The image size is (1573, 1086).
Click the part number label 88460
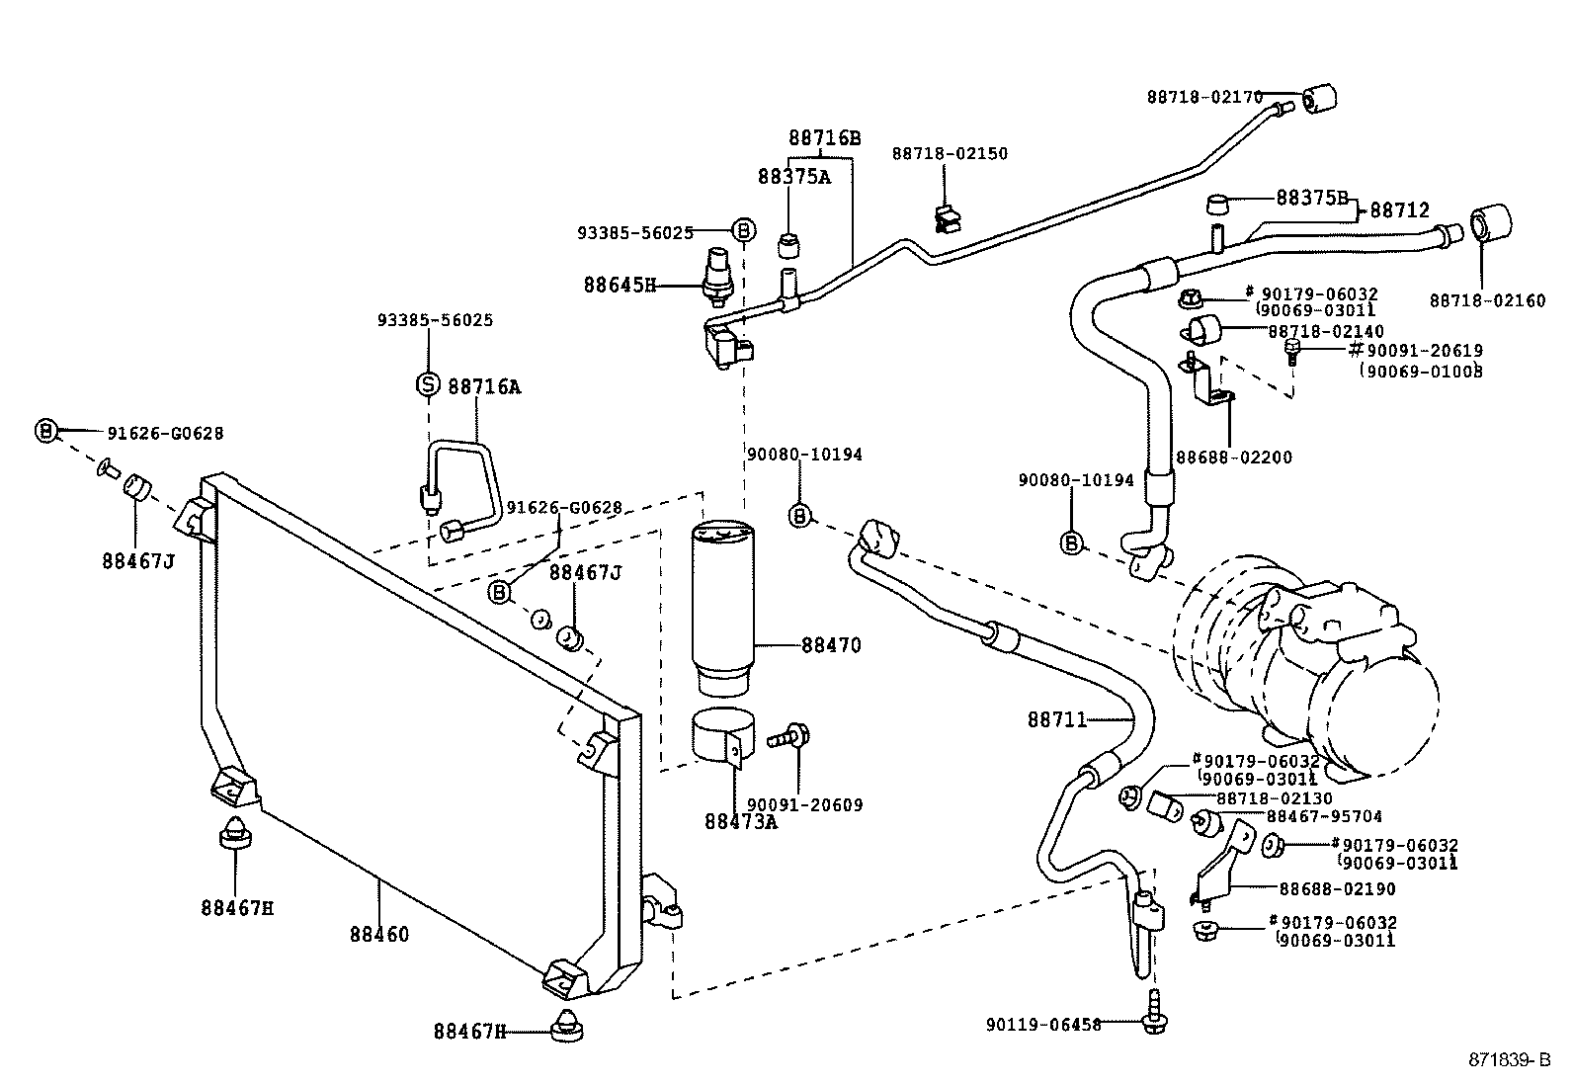click(378, 934)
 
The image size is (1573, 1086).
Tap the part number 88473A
click(740, 821)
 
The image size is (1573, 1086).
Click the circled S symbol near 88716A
click(428, 384)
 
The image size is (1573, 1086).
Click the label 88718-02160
click(1487, 300)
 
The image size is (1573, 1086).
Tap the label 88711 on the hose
click(1056, 720)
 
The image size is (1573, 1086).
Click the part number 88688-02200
click(1233, 458)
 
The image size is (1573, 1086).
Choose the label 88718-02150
click(950, 154)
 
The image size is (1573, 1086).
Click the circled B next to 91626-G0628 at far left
click(45, 431)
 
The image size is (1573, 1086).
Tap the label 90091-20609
click(804, 805)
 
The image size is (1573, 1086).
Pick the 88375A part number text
click(793, 177)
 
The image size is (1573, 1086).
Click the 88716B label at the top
click(824, 138)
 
